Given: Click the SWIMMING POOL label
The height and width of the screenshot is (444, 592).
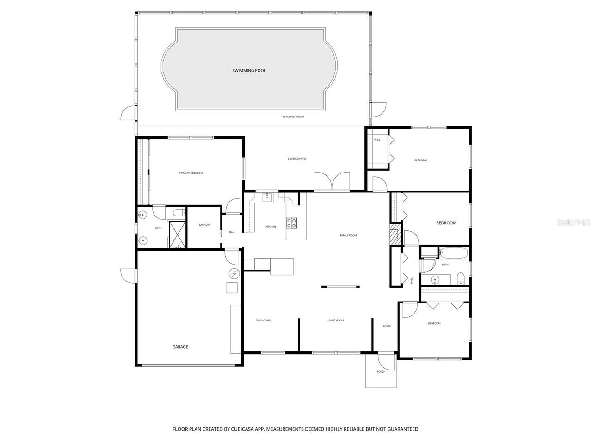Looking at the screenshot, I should [x=249, y=71].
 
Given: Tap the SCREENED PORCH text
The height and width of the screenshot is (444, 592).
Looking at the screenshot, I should [x=293, y=117].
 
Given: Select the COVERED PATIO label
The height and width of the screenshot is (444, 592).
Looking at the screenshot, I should [x=297, y=159].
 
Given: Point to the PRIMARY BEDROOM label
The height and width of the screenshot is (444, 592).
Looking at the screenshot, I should [x=191, y=173].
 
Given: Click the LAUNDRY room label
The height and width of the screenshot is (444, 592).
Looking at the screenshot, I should [x=204, y=225].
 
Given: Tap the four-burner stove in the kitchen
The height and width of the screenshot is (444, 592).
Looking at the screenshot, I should [x=292, y=223].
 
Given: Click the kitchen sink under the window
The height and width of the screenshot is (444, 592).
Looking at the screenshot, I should [x=267, y=198].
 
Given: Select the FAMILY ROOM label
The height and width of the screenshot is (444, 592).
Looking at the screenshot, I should [x=348, y=235].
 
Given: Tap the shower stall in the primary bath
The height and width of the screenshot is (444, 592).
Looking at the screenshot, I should [x=177, y=234].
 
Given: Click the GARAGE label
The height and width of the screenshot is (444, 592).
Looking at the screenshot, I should [x=180, y=347].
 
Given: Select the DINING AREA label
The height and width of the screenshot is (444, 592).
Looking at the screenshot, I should [x=264, y=320].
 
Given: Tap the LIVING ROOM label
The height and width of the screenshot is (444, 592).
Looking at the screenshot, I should [x=336, y=320].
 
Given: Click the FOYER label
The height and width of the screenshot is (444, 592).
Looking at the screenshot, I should [x=387, y=326].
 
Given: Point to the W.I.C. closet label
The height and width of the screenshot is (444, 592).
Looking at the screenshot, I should [x=377, y=140].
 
